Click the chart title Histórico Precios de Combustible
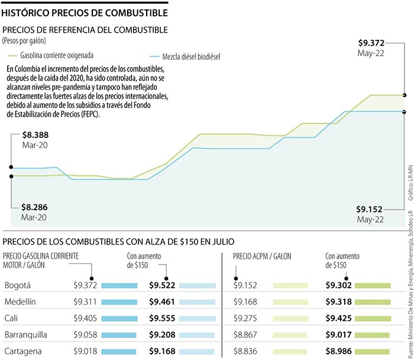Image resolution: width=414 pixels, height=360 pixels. tap(85, 11)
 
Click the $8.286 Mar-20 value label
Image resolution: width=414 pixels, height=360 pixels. tap(34, 212)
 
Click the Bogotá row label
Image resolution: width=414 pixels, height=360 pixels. tap(18, 285)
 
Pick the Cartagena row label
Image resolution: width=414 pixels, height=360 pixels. tap(23, 351)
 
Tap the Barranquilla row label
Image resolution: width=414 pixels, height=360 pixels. tap(26, 335)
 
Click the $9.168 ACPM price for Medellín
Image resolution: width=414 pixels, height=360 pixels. tap(245, 301)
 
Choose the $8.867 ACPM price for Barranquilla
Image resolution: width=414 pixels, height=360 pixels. tap(245, 335)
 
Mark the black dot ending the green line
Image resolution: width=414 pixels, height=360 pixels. tap(405, 95)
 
